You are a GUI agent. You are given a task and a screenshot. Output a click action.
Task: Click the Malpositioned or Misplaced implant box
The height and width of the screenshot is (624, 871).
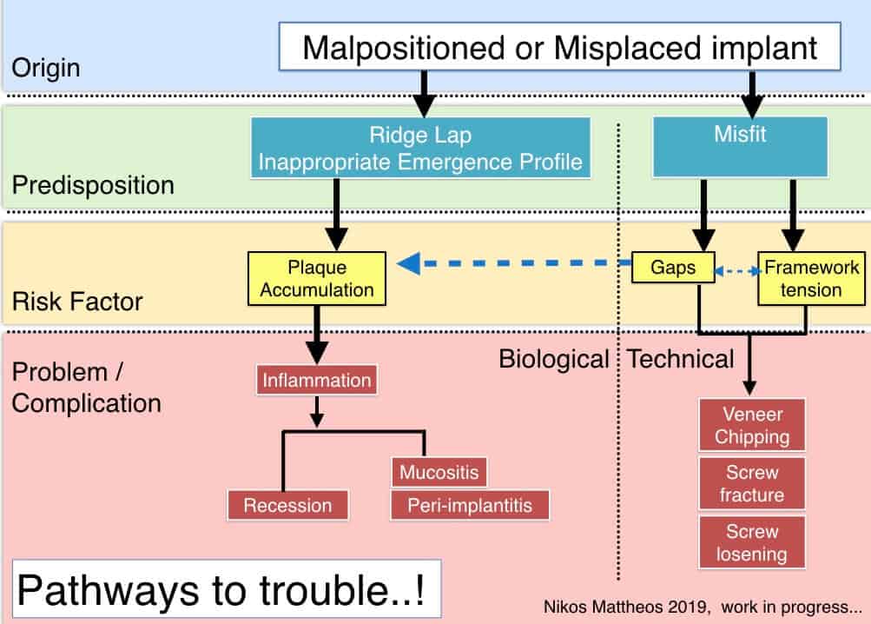click(x=559, y=47)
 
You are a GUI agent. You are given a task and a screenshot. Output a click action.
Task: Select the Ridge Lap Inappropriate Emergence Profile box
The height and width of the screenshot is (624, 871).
click(x=420, y=148)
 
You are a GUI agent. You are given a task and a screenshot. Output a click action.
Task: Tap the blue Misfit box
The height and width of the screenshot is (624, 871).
click(x=741, y=148)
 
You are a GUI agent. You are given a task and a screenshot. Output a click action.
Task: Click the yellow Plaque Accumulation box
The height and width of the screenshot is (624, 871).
click(x=317, y=279)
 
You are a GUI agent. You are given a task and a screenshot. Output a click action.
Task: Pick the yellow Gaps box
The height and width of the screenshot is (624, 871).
click(x=673, y=268)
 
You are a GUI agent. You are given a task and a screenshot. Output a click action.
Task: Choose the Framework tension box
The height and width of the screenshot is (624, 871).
click(x=812, y=279)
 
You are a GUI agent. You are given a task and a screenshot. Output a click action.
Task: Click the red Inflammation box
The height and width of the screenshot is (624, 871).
click(x=317, y=381)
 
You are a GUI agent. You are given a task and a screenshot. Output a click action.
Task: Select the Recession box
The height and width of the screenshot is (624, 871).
click(x=287, y=506)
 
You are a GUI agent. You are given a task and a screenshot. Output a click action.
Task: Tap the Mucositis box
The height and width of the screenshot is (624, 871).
click(x=439, y=472)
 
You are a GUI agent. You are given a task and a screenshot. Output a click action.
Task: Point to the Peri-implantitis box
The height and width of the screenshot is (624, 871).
click(x=470, y=506)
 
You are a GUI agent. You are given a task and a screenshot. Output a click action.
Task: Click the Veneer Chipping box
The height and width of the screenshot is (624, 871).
click(x=752, y=425)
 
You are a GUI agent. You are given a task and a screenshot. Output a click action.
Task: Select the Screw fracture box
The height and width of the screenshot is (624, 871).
click(x=752, y=483)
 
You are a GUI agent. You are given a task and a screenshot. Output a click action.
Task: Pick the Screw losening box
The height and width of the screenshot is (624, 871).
click(x=752, y=542)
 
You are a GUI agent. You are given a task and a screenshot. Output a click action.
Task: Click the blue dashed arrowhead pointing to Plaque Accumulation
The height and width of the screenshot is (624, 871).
click(x=409, y=263)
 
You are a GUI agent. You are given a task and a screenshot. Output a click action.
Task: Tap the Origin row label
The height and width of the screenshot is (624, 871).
click(x=46, y=68)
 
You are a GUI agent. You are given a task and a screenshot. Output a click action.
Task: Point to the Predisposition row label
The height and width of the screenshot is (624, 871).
click(x=93, y=185)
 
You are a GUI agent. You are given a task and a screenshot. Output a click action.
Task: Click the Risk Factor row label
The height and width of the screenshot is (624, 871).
click(x=77, y=302)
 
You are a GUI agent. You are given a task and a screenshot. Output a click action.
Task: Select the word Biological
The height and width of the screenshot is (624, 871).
click(x=554, y=359)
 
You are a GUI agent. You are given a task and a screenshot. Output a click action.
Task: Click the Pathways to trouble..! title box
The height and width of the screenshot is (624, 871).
click(x=227, y=589)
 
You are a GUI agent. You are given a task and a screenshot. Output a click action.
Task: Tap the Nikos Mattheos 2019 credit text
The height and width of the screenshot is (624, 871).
click(x=627, y=607)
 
